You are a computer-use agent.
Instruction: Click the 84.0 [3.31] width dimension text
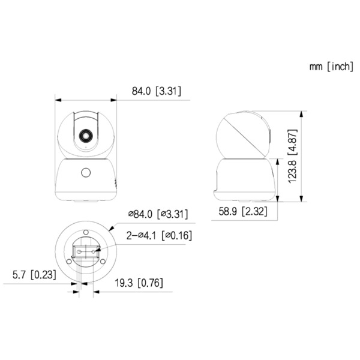pos(156,91)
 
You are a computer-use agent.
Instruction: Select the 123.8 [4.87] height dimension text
pos(292,157)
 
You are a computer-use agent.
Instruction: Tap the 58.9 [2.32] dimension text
pos(241,211)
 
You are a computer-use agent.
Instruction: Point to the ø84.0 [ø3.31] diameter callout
pos(160,214)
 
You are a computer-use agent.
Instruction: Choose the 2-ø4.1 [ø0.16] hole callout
pos(159,236)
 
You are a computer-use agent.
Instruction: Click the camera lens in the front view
pos(85,134)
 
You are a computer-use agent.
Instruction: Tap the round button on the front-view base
pos(85,173)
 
